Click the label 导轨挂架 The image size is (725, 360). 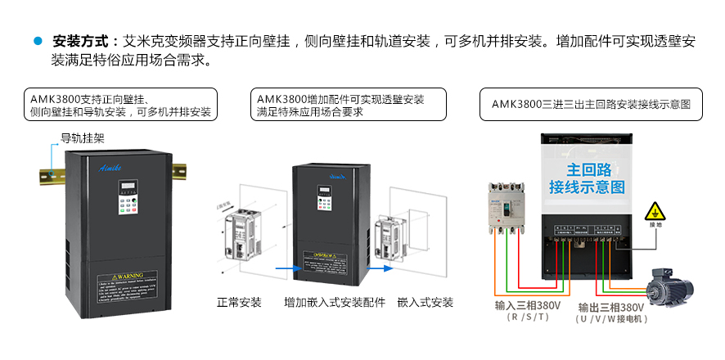point(83,138)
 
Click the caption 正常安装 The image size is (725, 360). point(239,302)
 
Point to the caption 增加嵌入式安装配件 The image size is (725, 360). point(334,302)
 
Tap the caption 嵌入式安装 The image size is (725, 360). point(425,302)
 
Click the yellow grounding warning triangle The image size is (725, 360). point(655,211)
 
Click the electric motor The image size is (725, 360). point(668,287)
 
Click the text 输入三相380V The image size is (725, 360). point(528,306)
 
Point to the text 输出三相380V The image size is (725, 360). point(611,308)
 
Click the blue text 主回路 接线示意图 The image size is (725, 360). point(587,179)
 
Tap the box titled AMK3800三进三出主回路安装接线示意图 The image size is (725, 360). point(592,104)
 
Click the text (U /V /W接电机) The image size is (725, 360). point(612,320)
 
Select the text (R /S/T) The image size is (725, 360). point(528,317)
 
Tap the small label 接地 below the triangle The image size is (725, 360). point(655,225)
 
